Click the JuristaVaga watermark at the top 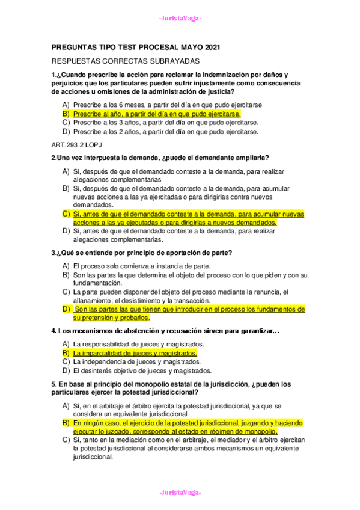coord(180,19)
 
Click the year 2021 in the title coord(209,46)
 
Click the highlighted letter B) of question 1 coord(66,113)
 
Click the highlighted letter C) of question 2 coord(66,214)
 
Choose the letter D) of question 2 coord(66,231)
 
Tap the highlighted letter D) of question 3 coord(66,309)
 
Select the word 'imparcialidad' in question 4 coord(105,353)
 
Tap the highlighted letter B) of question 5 coord(66,423)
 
